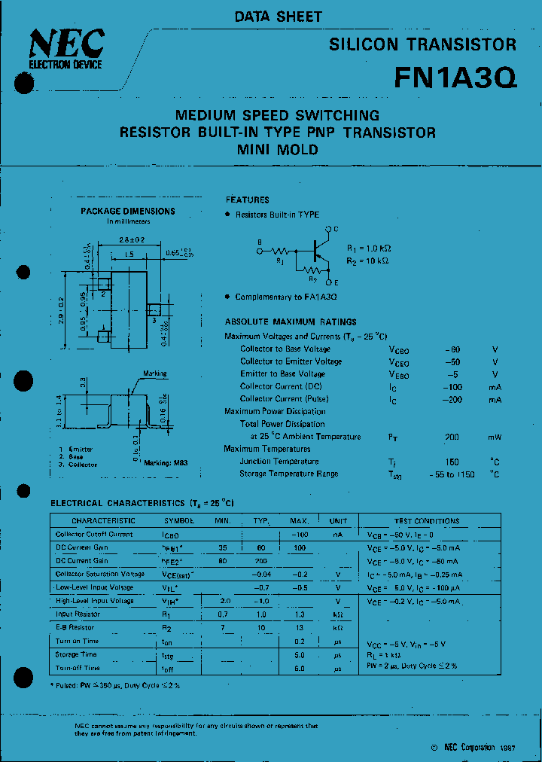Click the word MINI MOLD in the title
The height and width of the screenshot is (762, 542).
coord(278,149)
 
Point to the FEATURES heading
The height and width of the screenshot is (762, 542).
coord(247,200)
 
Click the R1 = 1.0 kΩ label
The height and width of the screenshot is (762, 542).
coord(369,248)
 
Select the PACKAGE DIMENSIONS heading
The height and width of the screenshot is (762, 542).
coord(128,212)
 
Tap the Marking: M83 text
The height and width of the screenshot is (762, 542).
coord(166,463)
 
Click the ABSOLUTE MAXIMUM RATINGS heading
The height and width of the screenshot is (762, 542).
coord(291,322)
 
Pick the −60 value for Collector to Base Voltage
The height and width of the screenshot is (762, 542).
coord(452,349)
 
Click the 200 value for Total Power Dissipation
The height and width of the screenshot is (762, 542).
coord(452,437)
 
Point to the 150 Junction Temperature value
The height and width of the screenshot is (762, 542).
coord(452,462)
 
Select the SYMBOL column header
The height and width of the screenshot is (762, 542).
coord(179,521)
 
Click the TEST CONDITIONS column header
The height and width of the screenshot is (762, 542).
coord(426,521)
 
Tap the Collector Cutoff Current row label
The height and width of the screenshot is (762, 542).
coord(94,535)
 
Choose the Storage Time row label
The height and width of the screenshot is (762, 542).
coord(76,654)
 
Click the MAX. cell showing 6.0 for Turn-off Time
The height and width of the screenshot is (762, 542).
coord(299,668)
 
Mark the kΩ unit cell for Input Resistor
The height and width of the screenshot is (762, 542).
coord(338,614)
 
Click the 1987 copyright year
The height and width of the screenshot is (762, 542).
coord(507,748)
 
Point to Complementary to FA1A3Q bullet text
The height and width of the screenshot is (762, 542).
coord(285,297)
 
